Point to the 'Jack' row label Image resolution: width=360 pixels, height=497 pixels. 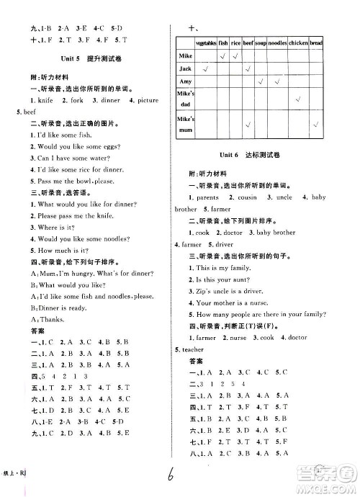point(185,68)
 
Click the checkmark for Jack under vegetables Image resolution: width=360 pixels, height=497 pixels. point(206,69)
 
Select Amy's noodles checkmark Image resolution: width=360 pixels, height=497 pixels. point(276,83)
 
